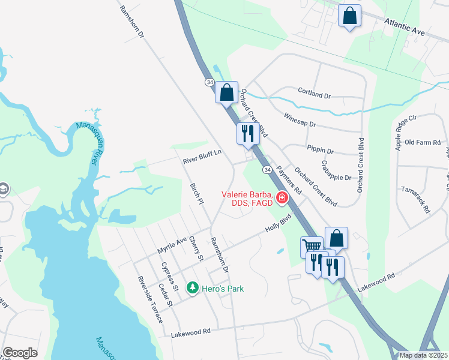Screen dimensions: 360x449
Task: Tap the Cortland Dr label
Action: click(x=315, y=92)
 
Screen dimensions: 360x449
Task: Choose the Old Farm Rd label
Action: click(x=423, y=142)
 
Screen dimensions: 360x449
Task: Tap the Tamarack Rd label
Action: click(x=423, y=199)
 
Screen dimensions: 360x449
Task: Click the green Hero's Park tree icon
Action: click(x=192, y=289)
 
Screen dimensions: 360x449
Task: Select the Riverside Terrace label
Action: click(x=150, y=299)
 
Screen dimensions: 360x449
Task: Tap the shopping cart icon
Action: click(x=312, y=245)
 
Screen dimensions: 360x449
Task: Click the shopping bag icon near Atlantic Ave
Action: click(x=349, y=15)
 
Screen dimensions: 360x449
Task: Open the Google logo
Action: click(x=20, y=353)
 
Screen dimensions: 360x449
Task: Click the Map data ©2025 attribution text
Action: click(x=423, y=355)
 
